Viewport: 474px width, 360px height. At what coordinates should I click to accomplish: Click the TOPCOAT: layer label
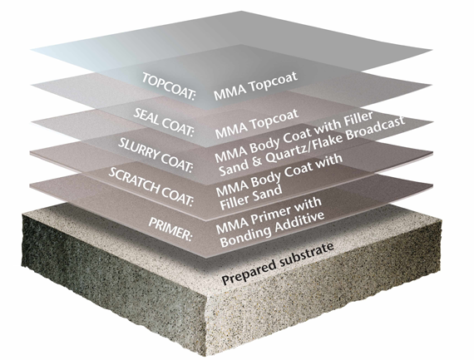pos(169,86)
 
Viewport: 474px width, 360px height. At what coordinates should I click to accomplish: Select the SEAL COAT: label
pos(163,122)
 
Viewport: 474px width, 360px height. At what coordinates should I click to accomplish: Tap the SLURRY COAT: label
pos(155,155)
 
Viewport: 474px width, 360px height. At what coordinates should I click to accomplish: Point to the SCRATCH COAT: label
pos(151,186)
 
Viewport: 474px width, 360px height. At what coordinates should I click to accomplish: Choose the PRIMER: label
pos(170,229)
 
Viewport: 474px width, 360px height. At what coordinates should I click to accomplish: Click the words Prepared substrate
pos(278,264)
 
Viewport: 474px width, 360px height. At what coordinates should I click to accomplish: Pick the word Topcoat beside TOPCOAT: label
pos(274,81)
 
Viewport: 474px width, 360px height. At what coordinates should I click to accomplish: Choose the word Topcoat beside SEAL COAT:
pos(274,120)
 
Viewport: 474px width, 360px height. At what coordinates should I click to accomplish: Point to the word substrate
pos(307,254)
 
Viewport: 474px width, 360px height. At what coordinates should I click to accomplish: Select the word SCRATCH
pos(135,180)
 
